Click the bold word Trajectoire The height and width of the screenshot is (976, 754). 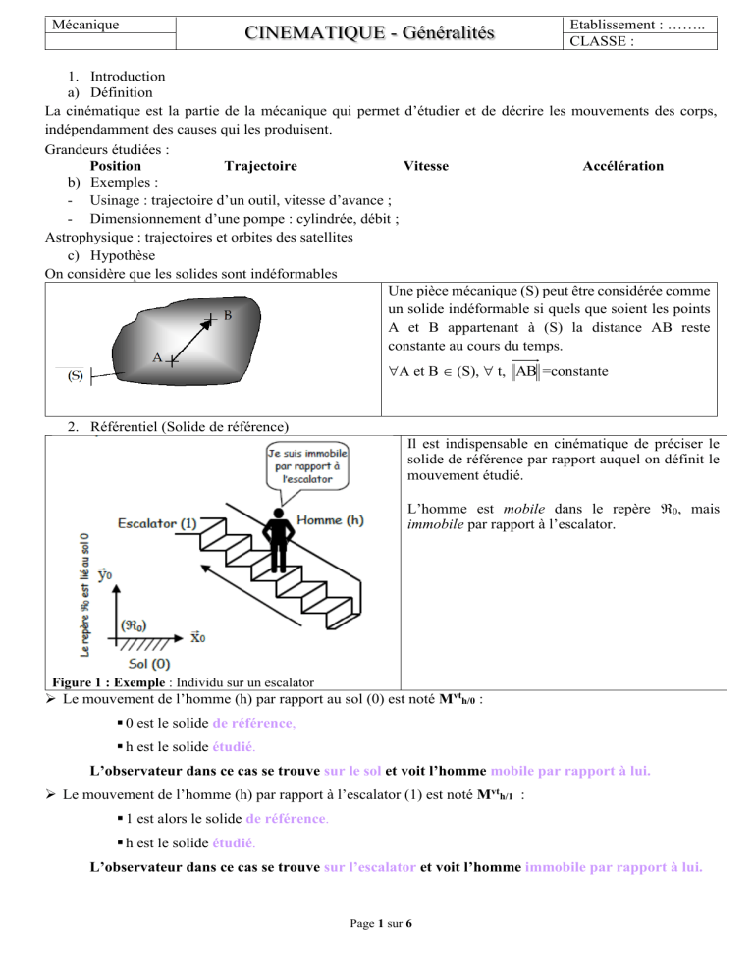point(261,166)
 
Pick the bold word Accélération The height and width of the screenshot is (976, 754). point(622,166)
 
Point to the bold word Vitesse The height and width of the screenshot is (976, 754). point(426,166)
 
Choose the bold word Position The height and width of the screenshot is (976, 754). point(115,166)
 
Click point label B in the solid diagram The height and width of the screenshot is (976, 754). point(227,316)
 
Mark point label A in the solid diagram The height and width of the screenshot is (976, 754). point(157,357)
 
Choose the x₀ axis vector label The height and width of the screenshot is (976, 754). point(196,636)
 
